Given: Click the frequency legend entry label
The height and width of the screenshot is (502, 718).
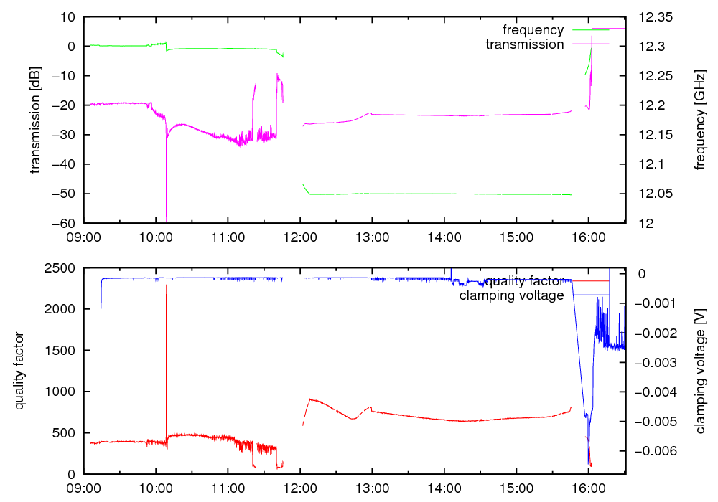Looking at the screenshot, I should coord(533,30).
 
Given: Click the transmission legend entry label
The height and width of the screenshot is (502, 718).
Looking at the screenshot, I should coord(524,44).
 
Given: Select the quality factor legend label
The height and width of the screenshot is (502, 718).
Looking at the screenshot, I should coord(523,281).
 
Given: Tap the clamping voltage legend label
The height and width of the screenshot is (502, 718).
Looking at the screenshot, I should coord(511,295).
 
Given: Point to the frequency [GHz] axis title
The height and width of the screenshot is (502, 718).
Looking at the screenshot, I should coord(701,120).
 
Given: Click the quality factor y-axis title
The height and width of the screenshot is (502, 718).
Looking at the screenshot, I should coord(20,371).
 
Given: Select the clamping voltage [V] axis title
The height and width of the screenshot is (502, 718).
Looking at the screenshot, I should coord(701,371).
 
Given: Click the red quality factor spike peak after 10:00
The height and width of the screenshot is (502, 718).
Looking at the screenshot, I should coord(166,285).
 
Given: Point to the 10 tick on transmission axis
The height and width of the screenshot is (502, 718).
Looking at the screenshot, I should coord(71,17).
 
